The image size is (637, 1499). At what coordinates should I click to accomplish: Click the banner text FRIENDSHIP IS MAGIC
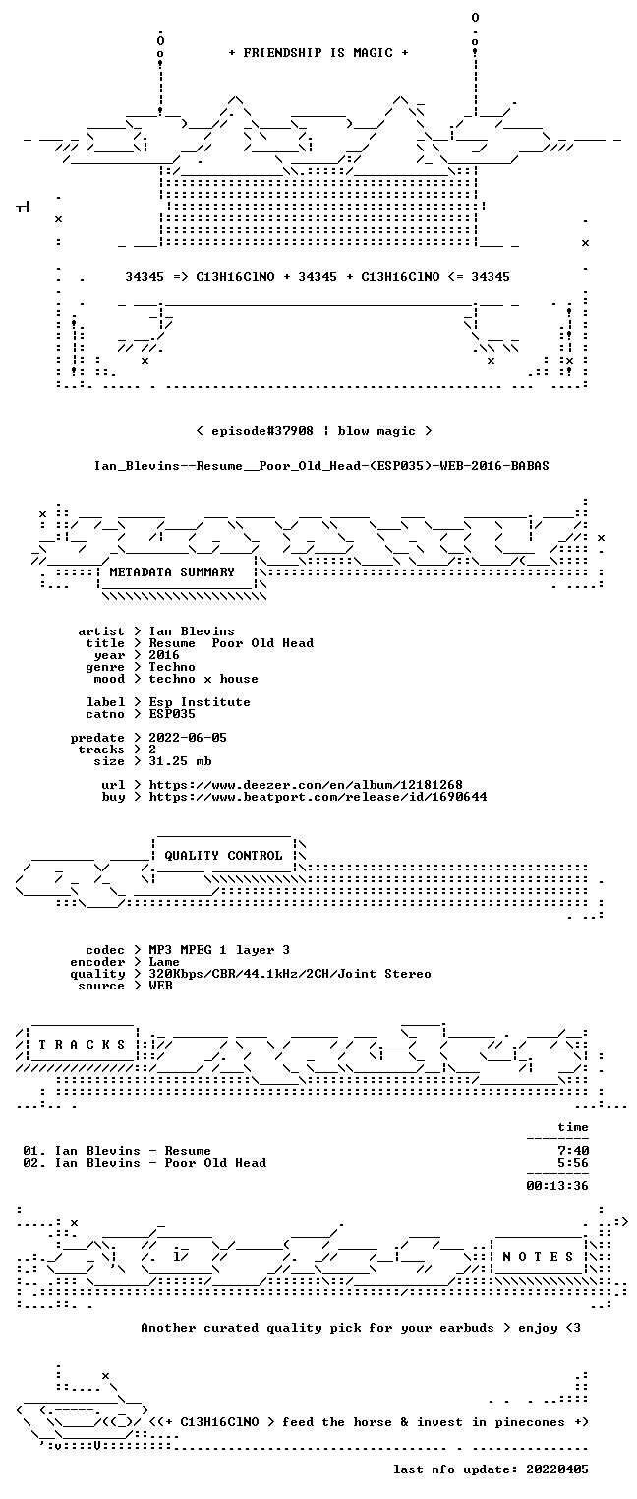coord(318,53)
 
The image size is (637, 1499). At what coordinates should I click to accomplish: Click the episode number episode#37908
coord(262,431)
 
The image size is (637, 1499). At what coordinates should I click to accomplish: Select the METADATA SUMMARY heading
coord(172,572)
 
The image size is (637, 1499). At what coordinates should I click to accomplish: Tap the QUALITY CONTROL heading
coord(223,855)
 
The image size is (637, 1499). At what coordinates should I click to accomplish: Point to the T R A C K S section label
coord(83,1044)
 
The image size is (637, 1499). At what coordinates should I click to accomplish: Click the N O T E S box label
coord(538,1257)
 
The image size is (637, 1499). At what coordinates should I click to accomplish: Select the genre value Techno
coord(172,667)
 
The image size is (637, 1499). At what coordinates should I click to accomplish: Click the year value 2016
coord(164,655)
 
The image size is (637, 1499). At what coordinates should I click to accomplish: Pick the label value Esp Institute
coord(200,702)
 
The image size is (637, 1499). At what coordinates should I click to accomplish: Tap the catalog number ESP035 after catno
coord(172,714)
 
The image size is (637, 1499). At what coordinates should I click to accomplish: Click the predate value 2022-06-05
coord(188,738)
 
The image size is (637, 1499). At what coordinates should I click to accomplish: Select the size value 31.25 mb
coord(180,761)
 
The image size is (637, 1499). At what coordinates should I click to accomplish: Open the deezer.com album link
coord(306,784)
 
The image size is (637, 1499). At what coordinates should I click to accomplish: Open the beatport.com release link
coord(318,797)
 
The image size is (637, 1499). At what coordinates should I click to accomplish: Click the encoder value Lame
coord(164,962)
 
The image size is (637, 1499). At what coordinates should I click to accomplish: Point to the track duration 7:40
coord(573,1151)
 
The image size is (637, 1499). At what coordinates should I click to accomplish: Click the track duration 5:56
coord(573,1163)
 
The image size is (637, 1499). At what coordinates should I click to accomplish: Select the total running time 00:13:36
coord(557,1186)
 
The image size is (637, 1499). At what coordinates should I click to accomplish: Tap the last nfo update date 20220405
coord(557,1469)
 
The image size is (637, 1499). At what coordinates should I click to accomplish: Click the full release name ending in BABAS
coord(321,466)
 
